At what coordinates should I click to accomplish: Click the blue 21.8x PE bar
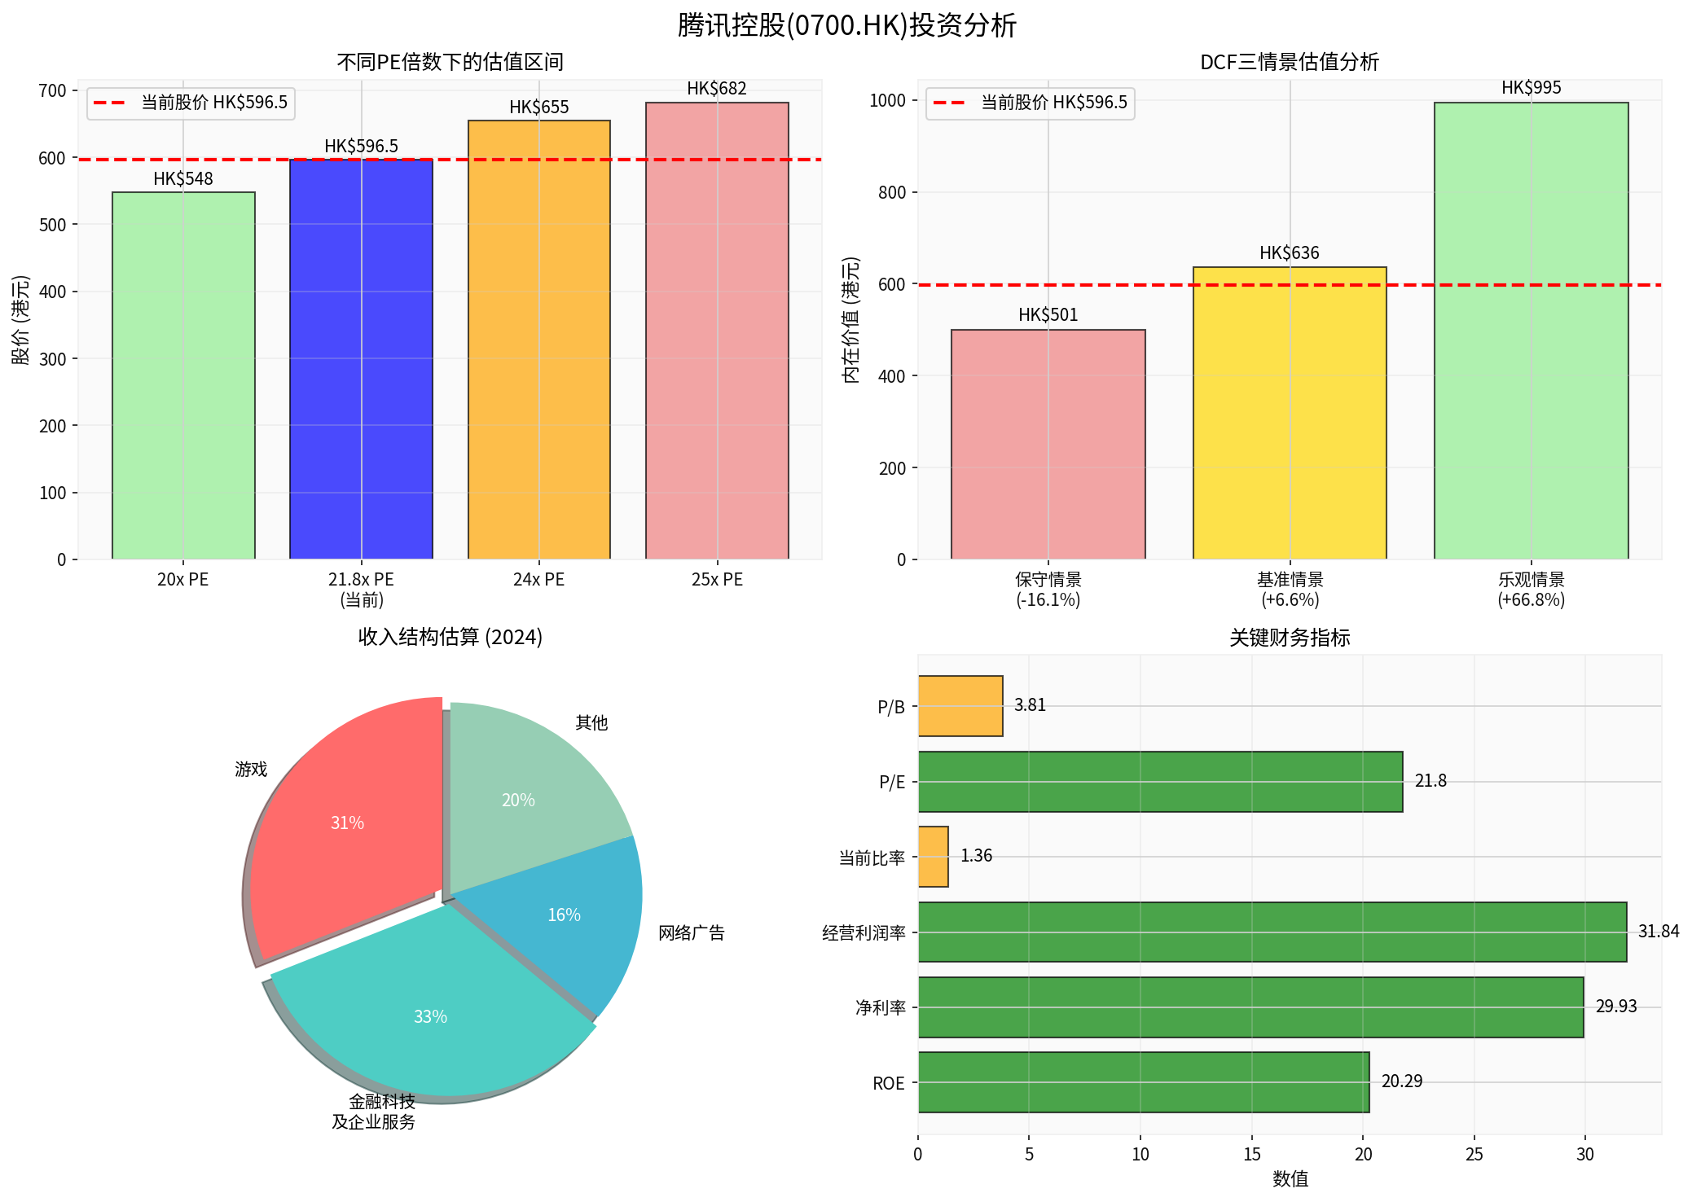click(361, 358)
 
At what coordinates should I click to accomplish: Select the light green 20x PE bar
click(183, 375)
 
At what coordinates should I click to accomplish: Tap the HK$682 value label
click(716, 89)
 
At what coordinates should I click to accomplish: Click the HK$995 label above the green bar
click(1531, 88)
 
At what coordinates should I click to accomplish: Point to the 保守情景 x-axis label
click(1048, 580)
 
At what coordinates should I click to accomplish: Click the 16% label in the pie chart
click(564, 915)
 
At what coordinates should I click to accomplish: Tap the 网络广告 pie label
click(691, 933)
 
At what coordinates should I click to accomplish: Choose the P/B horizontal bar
click(960, 706)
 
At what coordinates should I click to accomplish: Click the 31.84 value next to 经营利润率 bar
click(1658, 932)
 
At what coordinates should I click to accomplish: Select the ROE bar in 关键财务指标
click(1143, 1082)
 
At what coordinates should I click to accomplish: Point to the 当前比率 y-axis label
click(872, 858)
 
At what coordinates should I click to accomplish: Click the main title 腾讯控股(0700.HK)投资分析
click(846, 25)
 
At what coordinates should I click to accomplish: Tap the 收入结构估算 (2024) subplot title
click(450, 637)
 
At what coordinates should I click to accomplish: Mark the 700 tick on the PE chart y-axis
click(52, 90)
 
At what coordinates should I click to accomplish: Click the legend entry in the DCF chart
click(1030, 103)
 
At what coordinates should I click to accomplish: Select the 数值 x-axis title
click(1290, 1178)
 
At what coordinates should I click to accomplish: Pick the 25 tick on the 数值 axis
click(1474, 1154)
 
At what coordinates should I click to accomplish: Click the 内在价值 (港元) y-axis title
click(850, 319)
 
